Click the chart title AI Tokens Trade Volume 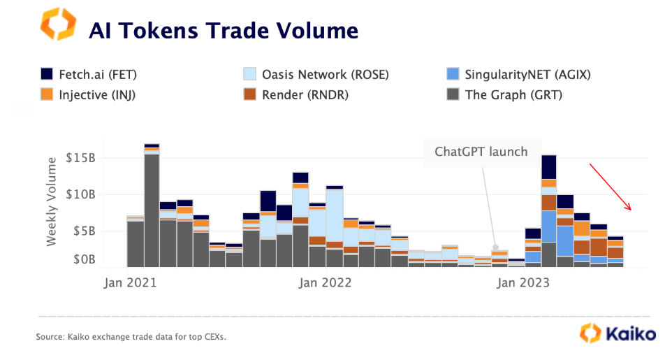(223, 31)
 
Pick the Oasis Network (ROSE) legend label (325, 74)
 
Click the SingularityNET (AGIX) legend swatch (453, 74)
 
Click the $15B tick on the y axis (82, 158)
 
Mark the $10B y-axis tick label (82, 194)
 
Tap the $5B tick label (85, 231)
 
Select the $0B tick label (85, 260)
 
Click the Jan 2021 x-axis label (130, 283)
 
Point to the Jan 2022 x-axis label (325, 283)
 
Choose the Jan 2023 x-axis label (523, 283)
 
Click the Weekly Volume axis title (52, 201)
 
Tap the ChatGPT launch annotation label (481, 152)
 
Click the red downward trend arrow (610, 187)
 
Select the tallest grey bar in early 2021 (152, 210)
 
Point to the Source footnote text (131, 338)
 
